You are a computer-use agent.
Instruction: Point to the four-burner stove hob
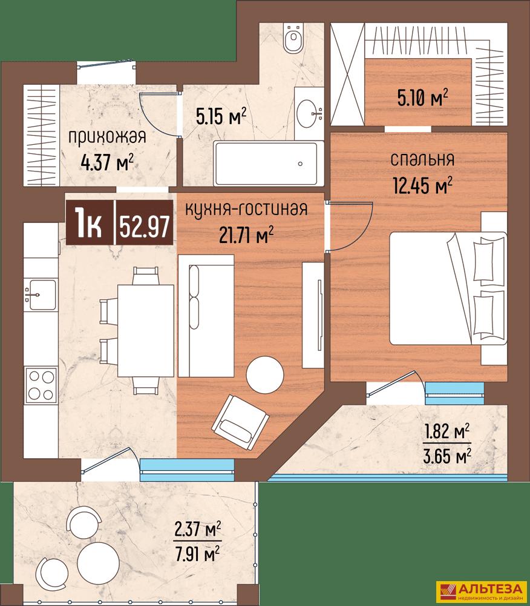tap(41, 385)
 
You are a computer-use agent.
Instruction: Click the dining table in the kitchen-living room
tap(146, 331)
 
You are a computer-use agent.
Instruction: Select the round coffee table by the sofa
tap(265, 375)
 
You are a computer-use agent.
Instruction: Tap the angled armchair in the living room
tap(240, 423)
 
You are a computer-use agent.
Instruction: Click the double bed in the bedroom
tap(448, 288)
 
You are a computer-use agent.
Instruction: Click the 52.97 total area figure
tap(144, 227)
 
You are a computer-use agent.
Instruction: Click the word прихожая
tap(107, 137)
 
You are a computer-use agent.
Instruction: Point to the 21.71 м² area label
tap(246, 235)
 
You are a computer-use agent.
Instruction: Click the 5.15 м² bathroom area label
tap(221, 117)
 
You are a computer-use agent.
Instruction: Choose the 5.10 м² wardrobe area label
tap(423, 98)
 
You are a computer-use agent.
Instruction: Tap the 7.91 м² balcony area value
tap(197, 555)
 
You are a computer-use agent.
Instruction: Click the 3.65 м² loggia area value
tap(447, 457)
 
